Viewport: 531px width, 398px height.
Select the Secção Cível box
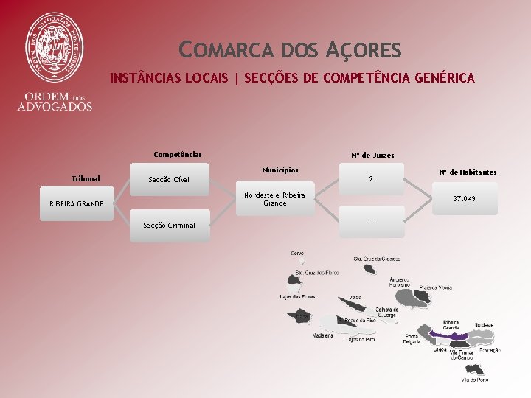click(x=169, y=179)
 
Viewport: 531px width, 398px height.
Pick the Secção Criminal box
click(x=169, y=225)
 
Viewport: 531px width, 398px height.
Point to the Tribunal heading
click(x=86, y=178)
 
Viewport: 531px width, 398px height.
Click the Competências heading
click(x=177, y=155)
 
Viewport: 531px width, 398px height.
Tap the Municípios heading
click(x=280, y=170)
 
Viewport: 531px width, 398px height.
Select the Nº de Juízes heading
click(x=372, y=156)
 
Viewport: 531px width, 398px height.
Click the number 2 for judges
click(x=371, y=179)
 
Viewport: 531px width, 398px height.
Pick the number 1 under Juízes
click(x=371, y=222)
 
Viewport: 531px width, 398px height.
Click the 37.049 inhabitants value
click(x=464, y=199)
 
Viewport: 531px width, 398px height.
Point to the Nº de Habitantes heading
click(x=468, y=172)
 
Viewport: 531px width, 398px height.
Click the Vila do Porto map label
click(x=474, y=380)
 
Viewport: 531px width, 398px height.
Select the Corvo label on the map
click(x=297, y=253)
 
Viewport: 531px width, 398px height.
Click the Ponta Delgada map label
click(x=412, y=339)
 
